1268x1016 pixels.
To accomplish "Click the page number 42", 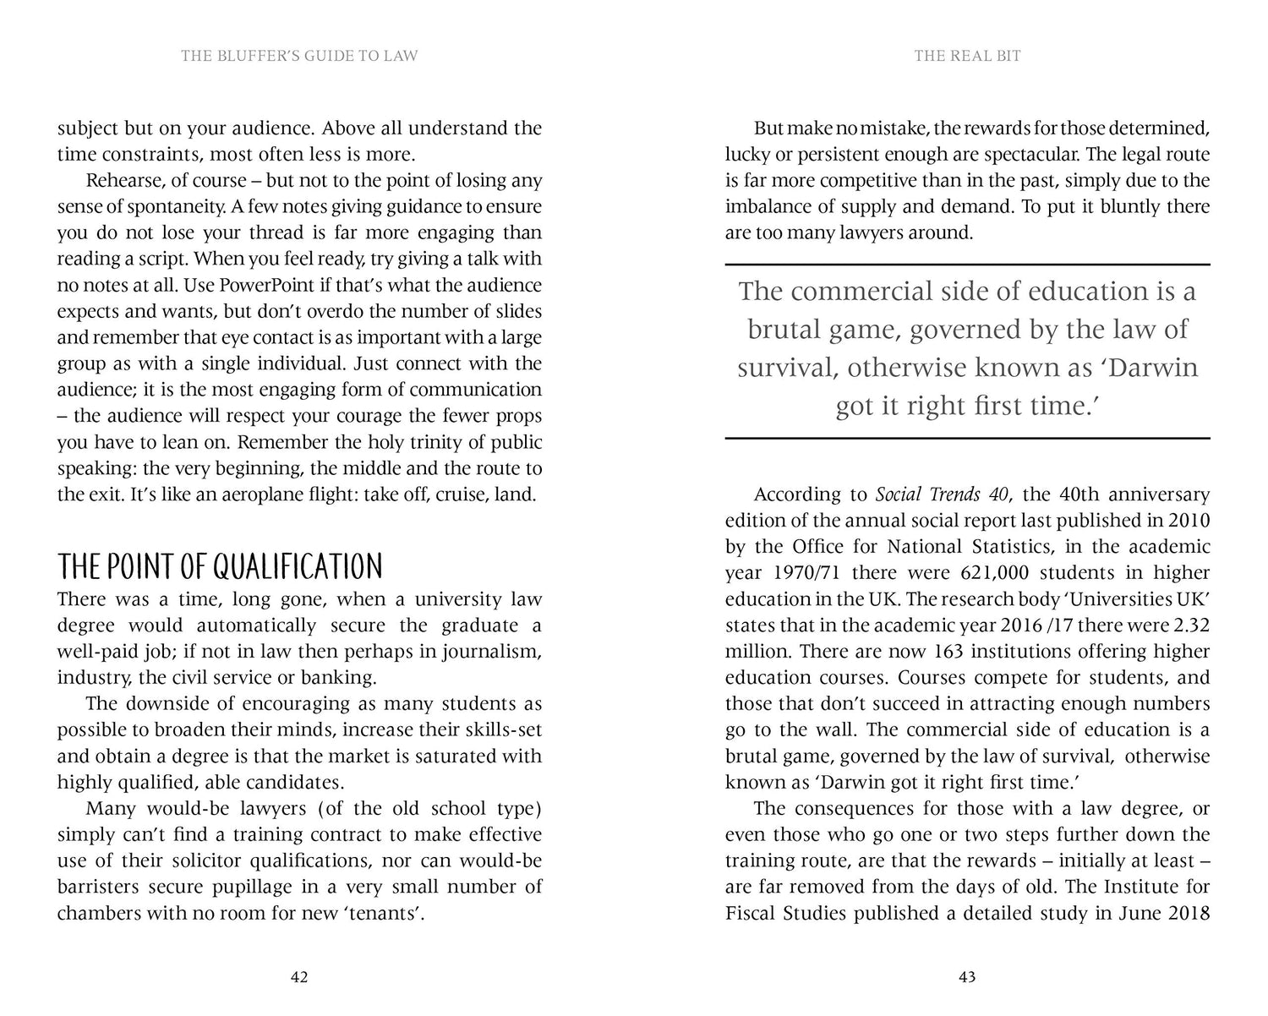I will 298,977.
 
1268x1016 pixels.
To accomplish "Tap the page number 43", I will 967,977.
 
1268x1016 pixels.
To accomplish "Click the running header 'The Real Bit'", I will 967,56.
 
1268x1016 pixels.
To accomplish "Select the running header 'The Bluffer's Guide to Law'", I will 299,56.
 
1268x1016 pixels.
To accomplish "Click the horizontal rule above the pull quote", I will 967,265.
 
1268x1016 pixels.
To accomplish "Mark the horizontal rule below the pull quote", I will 967,438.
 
